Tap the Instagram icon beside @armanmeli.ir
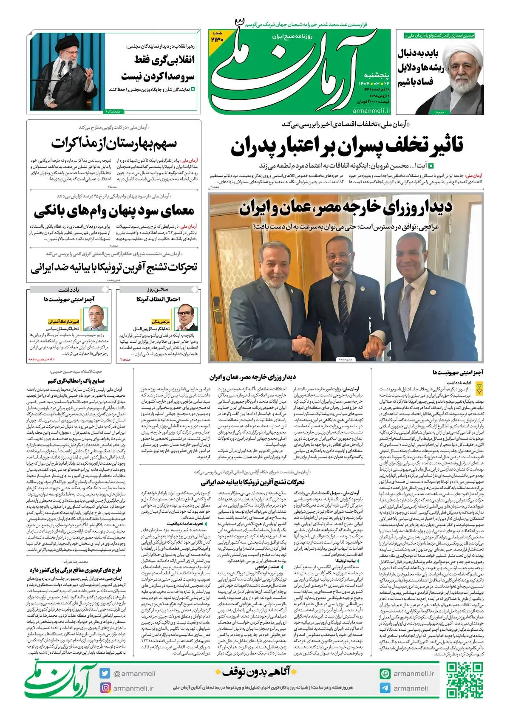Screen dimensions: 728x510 point(105,688)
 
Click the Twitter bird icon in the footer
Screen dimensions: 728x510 point(105,673)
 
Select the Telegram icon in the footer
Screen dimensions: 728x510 point(385,688)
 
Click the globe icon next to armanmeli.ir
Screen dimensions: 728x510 point(385,674)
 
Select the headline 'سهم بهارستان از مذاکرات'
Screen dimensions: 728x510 point(113,143)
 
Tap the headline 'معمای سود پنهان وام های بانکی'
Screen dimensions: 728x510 point(114,211)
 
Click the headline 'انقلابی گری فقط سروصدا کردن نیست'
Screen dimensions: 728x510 point(158,68)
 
